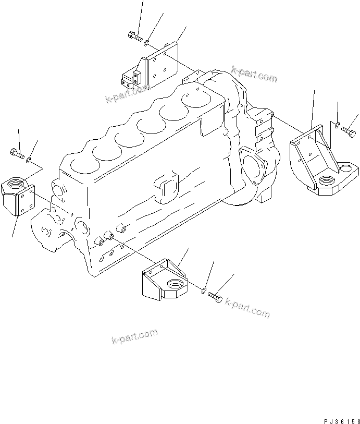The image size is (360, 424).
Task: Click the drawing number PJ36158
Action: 338,419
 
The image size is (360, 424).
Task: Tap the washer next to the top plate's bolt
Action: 147,42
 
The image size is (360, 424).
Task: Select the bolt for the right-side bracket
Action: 347,126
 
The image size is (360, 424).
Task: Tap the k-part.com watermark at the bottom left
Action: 134,337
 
